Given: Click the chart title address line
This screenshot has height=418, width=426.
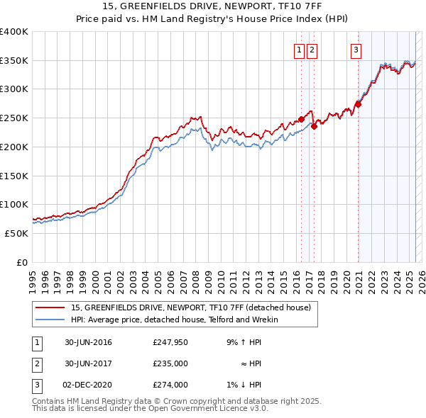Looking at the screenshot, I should [212, 6].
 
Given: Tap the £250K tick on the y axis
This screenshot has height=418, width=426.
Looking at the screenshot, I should [14, 118].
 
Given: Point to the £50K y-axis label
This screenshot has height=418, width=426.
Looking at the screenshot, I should [16, 233].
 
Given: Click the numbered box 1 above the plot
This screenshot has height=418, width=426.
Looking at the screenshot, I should [299, 50].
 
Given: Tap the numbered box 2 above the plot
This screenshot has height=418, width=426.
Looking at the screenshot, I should [312, 50].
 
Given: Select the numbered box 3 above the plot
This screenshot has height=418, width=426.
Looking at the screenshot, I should [356, 50].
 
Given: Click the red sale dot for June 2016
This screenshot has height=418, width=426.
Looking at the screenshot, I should [301, 119].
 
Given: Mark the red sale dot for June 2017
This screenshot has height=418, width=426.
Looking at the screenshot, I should [314, 127].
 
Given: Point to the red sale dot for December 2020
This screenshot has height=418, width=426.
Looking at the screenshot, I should [358, 104].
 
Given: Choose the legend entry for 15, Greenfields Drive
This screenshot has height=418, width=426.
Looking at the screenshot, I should [190, 308].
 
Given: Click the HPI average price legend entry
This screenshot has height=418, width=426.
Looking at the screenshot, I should [174, 320].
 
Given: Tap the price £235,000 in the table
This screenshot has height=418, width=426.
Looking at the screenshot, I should [170, 363].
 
